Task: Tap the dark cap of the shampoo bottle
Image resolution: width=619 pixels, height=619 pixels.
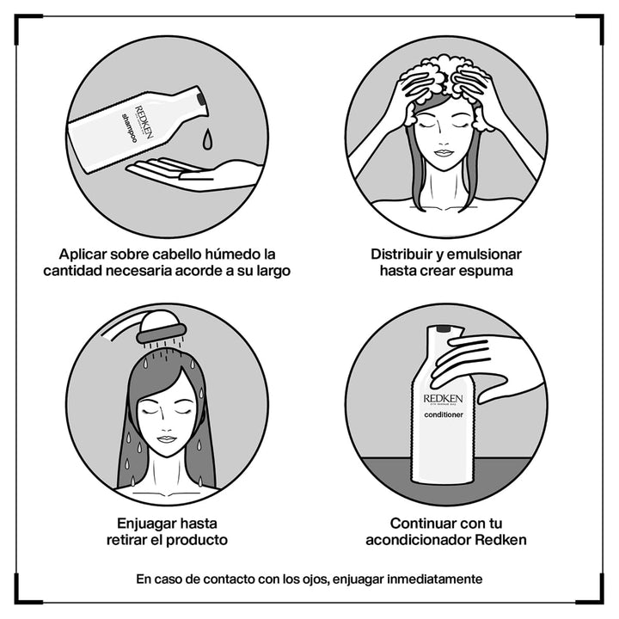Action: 202,100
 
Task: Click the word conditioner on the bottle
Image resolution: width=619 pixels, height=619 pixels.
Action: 444,415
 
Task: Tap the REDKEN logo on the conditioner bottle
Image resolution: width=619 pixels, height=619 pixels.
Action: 443,399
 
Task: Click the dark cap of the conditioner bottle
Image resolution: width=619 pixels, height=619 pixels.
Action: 444,328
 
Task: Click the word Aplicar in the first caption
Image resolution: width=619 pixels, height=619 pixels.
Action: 86,254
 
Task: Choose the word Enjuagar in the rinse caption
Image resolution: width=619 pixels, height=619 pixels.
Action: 148,523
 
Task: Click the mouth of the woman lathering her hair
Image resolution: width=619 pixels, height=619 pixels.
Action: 444,155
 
